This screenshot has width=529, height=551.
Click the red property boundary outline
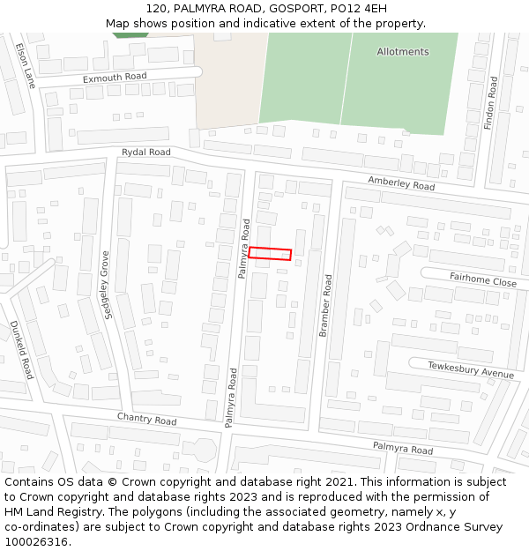(270, 254)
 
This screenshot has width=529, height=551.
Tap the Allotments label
(403, 52)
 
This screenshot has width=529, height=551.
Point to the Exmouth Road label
(115, 78)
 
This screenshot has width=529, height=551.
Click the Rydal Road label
(146, 153)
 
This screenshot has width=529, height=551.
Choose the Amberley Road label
(401, 183)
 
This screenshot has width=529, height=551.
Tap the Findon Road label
(492, 103)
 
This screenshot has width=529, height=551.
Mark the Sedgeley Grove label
(105, 285)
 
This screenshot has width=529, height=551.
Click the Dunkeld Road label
(22, 349)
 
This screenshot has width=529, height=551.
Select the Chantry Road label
(147, 419)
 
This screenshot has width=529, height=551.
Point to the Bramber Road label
(325, 305)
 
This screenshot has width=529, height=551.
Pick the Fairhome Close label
(483, 281)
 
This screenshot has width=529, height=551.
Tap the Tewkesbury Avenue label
(471, 369)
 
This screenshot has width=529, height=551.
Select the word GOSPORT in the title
(282, 8)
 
